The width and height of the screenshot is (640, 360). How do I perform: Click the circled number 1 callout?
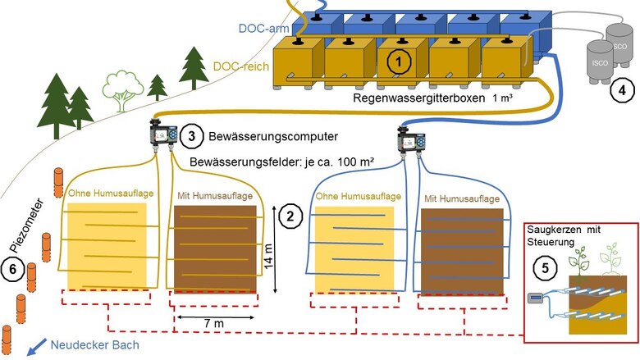[398, 60]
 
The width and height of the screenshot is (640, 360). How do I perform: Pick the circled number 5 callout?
[542, 267]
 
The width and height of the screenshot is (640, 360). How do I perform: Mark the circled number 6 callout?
[13, 268]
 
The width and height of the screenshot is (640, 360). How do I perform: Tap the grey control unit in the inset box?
[537, 298]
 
